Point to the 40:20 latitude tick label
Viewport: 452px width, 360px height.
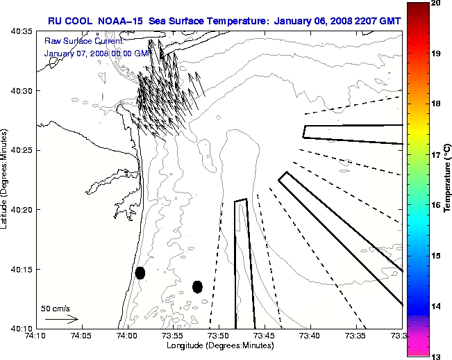click(x=22, y=210)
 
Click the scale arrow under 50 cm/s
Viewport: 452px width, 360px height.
click(x=61, y=319)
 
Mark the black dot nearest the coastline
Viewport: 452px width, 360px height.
click(x=140, y=272)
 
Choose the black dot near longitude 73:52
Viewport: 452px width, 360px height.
click(x=197, y=286)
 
